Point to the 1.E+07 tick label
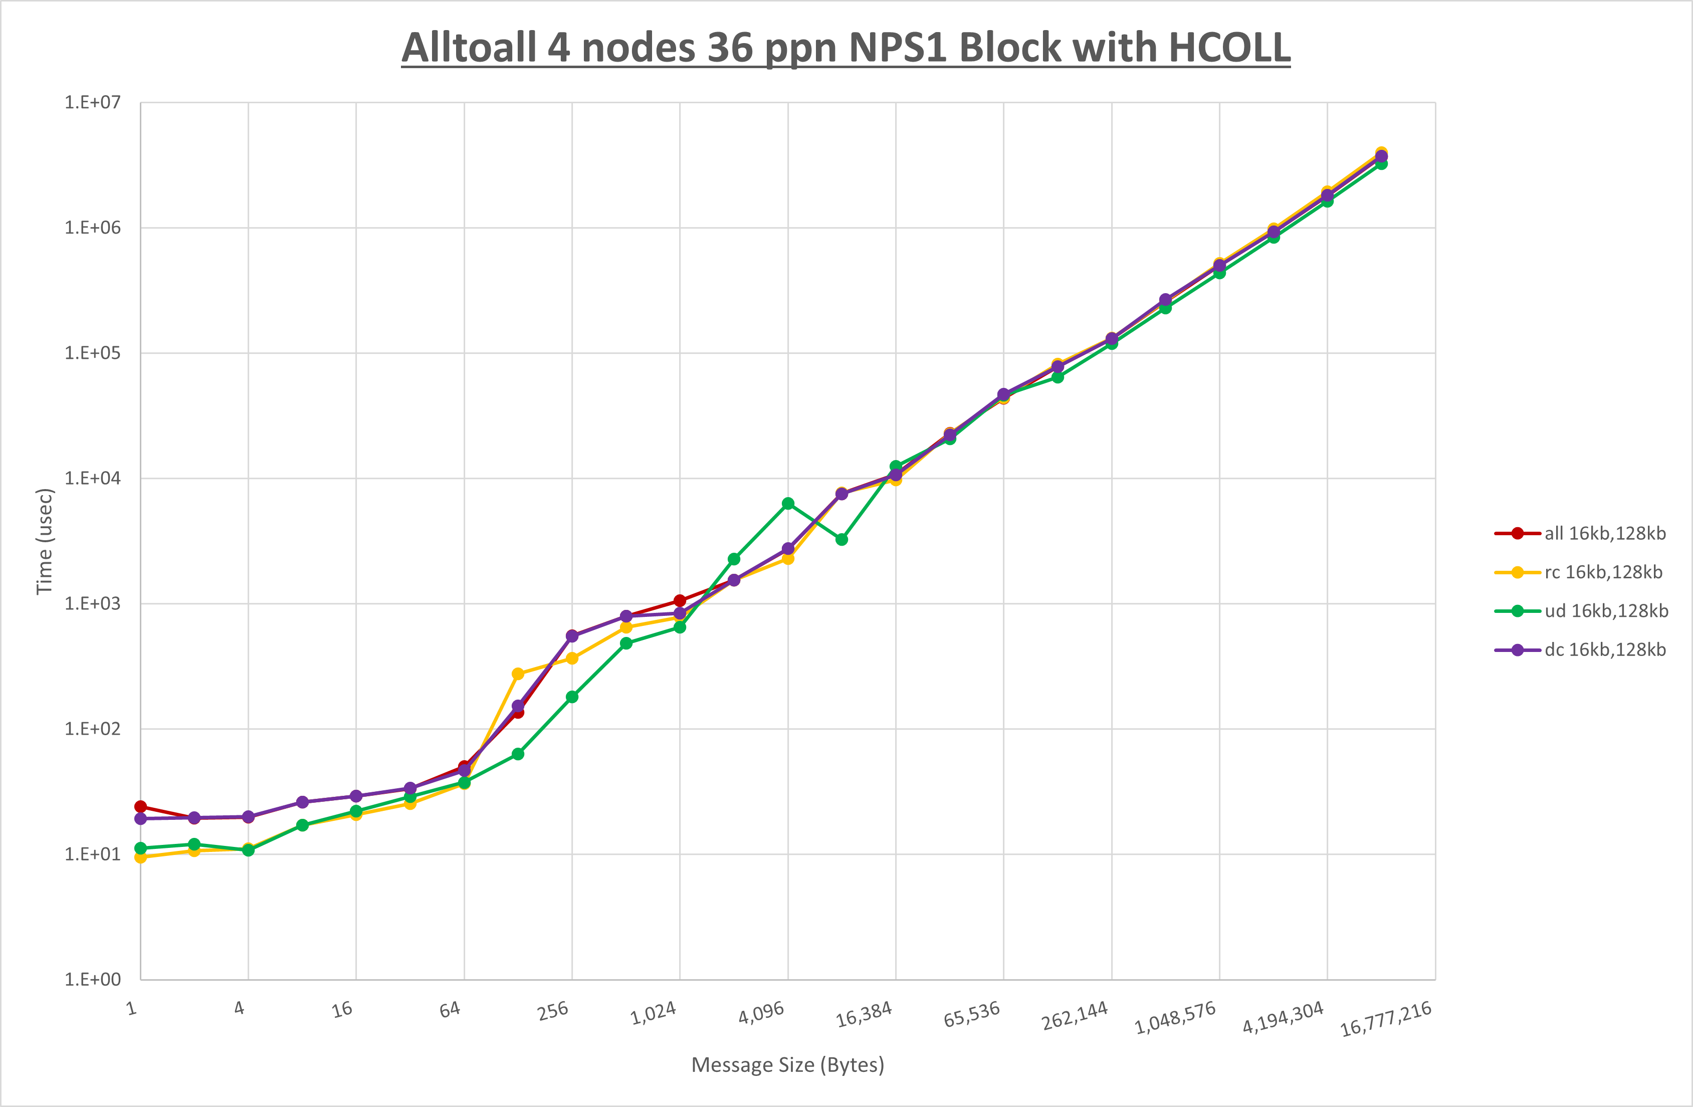coord(93,102)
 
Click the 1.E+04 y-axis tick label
coord(93,478)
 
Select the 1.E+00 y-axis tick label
coord(93,980)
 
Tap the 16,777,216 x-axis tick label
coord(1386,1019)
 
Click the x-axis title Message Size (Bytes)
coord(787,1065)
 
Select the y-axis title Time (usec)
coord(44,541)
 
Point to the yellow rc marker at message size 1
coord(141,857)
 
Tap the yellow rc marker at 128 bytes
coord(518,674)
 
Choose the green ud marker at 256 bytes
coord(572,697)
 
